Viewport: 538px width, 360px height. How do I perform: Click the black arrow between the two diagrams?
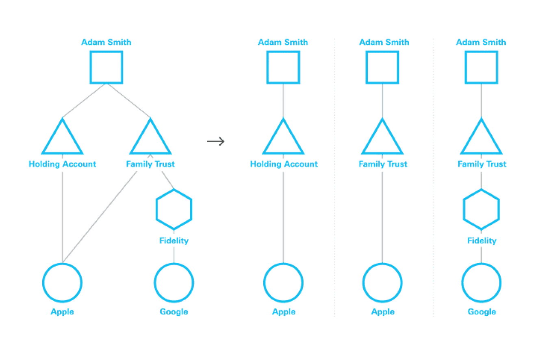point(216,141)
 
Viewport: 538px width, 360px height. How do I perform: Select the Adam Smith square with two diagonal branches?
point(106,67)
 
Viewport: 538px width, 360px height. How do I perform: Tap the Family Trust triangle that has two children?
point(150,138)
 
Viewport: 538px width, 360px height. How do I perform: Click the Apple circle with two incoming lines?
point(62,282)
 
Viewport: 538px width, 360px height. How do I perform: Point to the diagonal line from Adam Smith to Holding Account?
point(84,101)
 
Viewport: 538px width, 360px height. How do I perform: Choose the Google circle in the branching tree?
point(174,282)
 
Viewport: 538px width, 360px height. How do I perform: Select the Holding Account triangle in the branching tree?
point(62,138)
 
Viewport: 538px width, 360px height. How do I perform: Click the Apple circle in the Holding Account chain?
point(283,282)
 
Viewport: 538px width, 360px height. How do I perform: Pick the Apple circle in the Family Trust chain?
point(382,282)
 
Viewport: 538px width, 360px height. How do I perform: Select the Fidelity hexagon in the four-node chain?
point(482,210)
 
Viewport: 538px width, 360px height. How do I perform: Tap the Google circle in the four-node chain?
point(482,282)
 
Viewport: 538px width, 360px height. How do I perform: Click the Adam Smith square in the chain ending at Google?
point(482,67)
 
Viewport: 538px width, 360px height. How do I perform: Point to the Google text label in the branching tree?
point(174,312)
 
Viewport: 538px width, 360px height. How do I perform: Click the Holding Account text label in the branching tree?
point(62,164)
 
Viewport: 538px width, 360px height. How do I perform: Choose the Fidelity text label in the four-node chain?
point(482,241)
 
